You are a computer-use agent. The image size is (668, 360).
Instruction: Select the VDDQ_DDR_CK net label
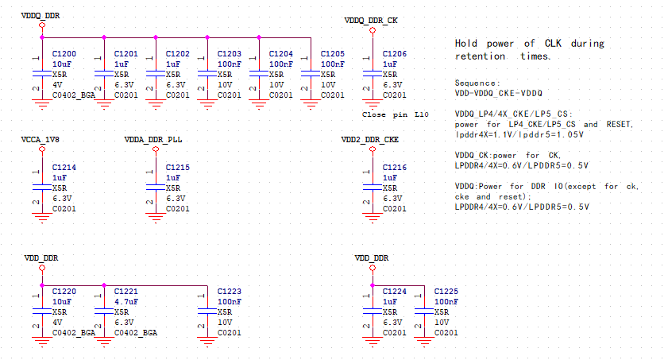pos(371,20)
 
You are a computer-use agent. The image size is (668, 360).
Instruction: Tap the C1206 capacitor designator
pos(394,53)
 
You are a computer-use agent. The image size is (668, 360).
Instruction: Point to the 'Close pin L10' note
pos(395,114)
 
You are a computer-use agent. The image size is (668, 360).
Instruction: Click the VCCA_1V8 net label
pos(41,139)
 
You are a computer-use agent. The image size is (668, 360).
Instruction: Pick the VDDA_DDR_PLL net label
pos(153,139)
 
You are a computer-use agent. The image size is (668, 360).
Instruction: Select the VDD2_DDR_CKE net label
pos(369,139)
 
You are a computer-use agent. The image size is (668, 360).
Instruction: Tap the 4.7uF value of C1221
pos(127,302)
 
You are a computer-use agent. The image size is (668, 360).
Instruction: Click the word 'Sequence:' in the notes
pos(477,83)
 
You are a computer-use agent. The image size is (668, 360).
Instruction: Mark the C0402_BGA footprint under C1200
pos(74,95)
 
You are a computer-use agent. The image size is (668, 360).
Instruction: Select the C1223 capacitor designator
pos(230,292)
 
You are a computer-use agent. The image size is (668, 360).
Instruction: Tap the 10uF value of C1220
pos(63,302)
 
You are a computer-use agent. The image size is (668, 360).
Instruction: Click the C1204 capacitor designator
pos(280,53)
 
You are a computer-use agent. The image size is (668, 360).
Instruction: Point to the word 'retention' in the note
pos(479,56)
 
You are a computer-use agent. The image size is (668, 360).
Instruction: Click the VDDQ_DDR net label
pos(40,15)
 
